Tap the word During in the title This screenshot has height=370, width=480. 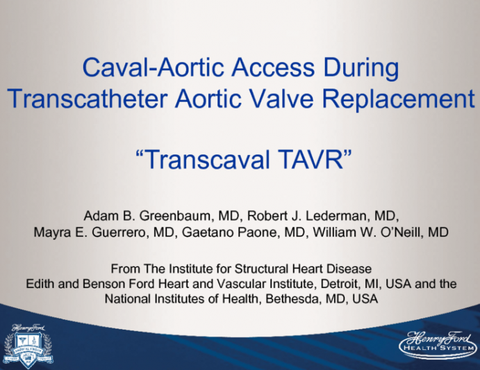point(361,68)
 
